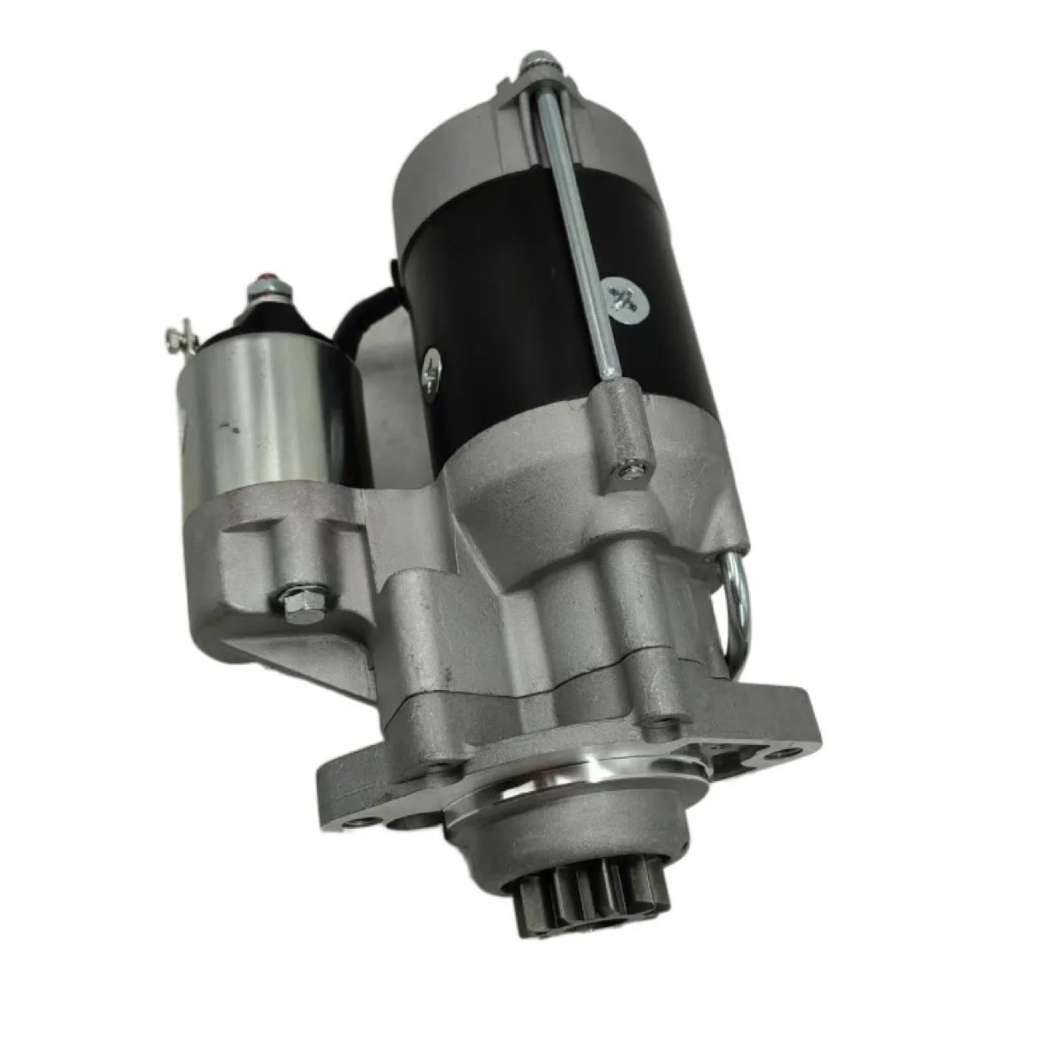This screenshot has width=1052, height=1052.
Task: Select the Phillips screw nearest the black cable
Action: (x=431, y=370)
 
